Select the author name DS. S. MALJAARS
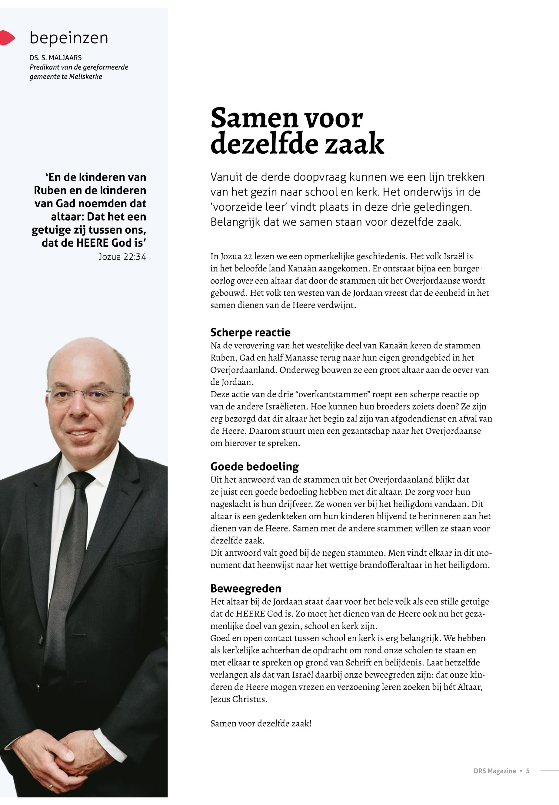55,58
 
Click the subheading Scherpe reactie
250,332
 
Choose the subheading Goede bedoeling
254,466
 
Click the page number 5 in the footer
527,771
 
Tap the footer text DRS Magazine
494,771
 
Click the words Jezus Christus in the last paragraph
238,699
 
